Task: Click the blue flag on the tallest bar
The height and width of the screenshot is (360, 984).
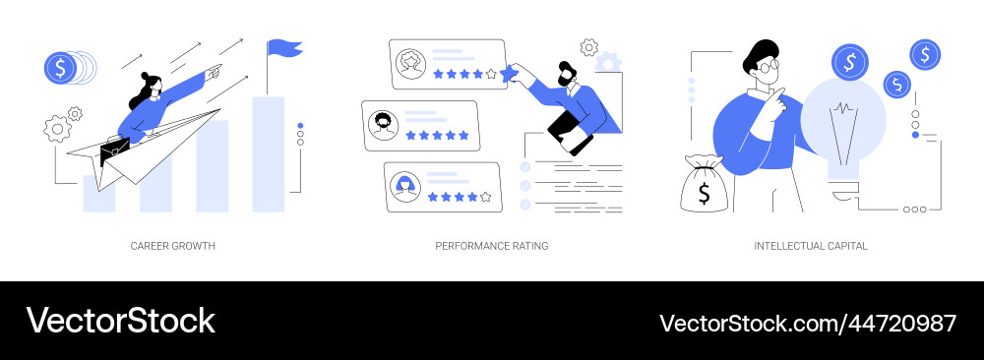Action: pyautogui.click(x=284, y=47)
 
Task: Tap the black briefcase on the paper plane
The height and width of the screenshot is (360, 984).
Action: pyautogui.click(x=115, y=150)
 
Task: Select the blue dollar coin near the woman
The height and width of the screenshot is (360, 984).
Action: pyautogui.click(x=60, y=68)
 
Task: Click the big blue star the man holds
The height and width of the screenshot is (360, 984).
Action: pyautogui.click(x=509, y=74)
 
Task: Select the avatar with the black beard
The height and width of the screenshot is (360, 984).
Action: pyautogui.click(x=382, y=126)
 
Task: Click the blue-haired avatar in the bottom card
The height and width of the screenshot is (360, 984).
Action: pyautogui.click(x=404, y=186)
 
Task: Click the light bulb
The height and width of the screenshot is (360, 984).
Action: pyautogui.click(x=843, y=133)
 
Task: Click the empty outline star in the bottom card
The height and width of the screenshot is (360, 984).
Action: pyautogui.click(x=485, y=197)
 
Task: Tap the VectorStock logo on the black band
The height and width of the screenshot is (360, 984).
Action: pyautogui.click(x=120, y=321)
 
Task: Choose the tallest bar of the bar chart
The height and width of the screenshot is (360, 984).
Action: pyautogui.click(x=268, y=154)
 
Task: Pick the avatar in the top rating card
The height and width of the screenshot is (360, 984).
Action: pyautogui.click(x=410, y=64)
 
